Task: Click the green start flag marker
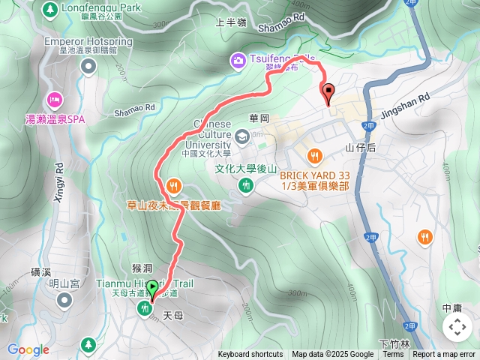pyautogui.click(x=153, y=287)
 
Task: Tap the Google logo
pyautogui.click(x=28, y=349)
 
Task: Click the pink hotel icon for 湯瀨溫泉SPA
pyautogui.click(x=54, y=98)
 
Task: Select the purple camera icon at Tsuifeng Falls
pyautogui.click(x=238, y=59)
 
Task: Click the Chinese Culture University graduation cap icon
pyautogui.click(x=241, y=136)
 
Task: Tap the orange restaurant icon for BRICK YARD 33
pyautogui.click(x=315, y=155)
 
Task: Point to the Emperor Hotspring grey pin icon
pyautogui.click(x=89, y=67)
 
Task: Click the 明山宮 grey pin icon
pyautogui.click(x=64, y=300)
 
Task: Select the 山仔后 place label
pyautogui.click(x=361, y=148)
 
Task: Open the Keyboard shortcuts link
pyautogui.click(x=250, y=355)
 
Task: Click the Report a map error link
pyautogui.click(x=444, y=355)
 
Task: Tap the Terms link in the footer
pyautogui.click(x=393, y=355)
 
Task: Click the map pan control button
pyautogui.click(x=457, y=327)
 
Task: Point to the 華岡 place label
pyautogui.click(x=259, y=118)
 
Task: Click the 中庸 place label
pyautogui.click(x=452, y=307)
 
